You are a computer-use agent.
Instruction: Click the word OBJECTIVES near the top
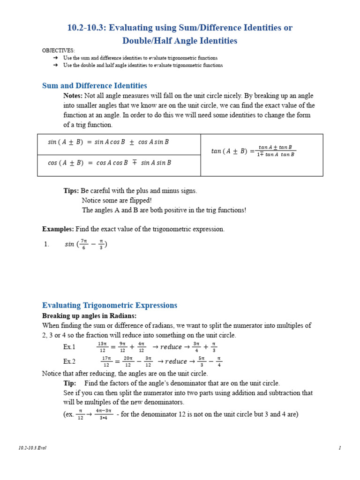pos(58,51)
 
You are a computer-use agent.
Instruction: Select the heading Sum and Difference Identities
pos(94,86)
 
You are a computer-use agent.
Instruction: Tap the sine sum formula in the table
pos(108,142)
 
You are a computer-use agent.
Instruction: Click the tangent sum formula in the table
pos(253,151)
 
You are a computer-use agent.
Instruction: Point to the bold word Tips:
pos(71,191)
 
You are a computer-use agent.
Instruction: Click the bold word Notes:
pos(73,96)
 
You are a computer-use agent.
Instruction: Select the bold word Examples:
pos(58,229)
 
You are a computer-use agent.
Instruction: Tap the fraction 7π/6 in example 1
pos(84,244)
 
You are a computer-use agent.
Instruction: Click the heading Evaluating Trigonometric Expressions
pos(110,306)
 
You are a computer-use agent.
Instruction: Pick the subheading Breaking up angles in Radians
pos(89,316)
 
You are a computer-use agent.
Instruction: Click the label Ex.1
pos(69,347)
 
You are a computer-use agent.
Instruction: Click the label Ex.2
pos(69,361)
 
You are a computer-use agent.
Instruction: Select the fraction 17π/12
pos(106,361)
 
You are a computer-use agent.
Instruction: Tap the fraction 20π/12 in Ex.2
pos(127,361)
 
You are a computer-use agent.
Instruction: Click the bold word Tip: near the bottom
pos(70,383)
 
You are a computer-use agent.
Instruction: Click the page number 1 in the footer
pos(340,448)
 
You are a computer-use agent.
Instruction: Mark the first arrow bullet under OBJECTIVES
pos(55,58)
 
